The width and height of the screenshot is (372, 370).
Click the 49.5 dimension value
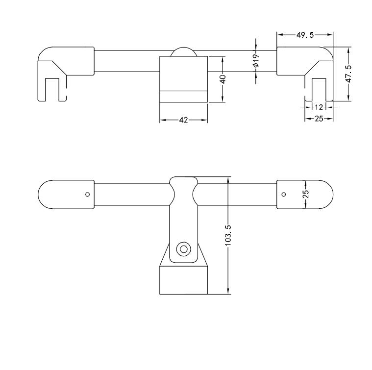pyautogui.click(x=304, y=35)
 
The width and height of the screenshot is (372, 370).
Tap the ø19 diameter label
pyautogui.click(x=256, y=61)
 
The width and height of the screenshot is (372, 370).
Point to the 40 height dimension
pyautogui.click(x=223, y=79)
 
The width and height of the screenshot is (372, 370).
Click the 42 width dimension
pyautogui.click(x=183, y=120)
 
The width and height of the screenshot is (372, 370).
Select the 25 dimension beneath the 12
pyautogui.click(x=319, y=119)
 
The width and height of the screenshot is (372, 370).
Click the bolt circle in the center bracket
pyautogui.click(x=184, y=249)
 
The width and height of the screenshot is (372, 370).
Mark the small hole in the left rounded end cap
pyautogui.click(x=87, y=195)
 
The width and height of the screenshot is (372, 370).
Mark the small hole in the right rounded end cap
pyautogui.click(x=283, y=195)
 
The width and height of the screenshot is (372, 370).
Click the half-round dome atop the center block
pyautogui.click(x=184, y=53)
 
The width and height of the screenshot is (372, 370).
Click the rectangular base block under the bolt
pyautogui.click(x=184, y=280)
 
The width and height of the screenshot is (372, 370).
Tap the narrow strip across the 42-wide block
pyautogui.click(x=184, y=96)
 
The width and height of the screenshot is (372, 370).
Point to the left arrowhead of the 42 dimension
pyautogui.click(x=163, y=120)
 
